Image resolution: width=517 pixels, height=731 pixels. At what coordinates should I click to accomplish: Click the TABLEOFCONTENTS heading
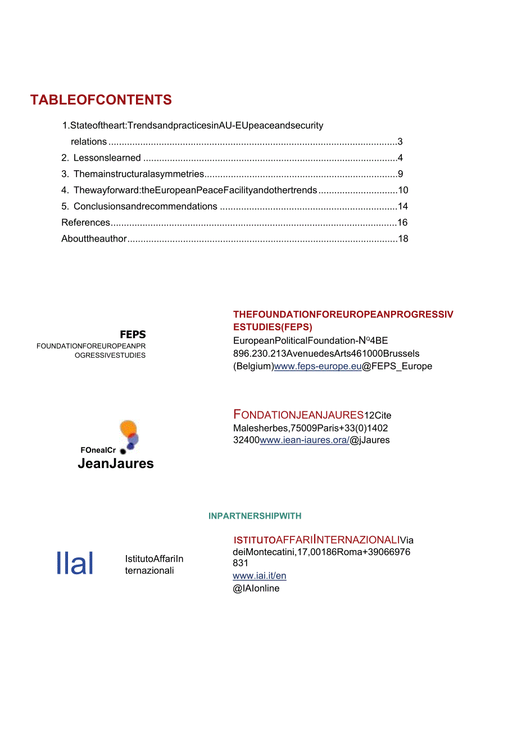coord(101,100)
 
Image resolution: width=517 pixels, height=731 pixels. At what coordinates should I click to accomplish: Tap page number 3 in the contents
coord(400,142)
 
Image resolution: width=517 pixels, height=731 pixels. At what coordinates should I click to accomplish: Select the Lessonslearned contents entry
coord(107,158)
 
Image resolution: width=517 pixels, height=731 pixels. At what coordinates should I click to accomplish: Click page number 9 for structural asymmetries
coord(400,174)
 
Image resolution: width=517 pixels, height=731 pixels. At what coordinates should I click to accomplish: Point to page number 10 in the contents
coord(402,190)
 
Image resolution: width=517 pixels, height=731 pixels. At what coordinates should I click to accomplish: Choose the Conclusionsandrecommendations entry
coord(145,206)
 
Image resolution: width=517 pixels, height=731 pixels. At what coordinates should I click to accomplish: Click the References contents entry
coord(86,223)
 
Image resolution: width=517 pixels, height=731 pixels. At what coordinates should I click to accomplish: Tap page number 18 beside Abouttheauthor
coord(402,239)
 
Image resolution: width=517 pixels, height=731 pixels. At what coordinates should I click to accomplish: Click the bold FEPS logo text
coord(133,335)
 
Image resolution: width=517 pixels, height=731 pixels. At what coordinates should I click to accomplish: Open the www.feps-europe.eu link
coord(318,366)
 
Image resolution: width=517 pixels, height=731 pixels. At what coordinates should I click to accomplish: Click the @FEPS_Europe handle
coord(397,366)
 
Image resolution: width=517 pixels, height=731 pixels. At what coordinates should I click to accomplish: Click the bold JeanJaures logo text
coord(116,464)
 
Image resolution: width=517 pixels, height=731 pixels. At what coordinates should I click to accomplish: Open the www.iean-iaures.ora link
coord(304,440)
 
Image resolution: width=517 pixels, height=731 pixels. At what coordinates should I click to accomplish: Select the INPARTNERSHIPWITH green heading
coord(255,516)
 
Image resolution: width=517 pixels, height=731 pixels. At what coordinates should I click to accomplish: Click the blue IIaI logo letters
coord(75,563)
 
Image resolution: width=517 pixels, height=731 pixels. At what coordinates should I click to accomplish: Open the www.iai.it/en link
coord(260,576)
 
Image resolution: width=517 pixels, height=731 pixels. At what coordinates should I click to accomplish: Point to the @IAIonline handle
coord(256,588)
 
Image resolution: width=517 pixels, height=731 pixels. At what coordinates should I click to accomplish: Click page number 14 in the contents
coord(402,206)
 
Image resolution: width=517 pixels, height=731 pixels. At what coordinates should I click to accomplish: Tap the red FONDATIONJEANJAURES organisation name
coord(298,415)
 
